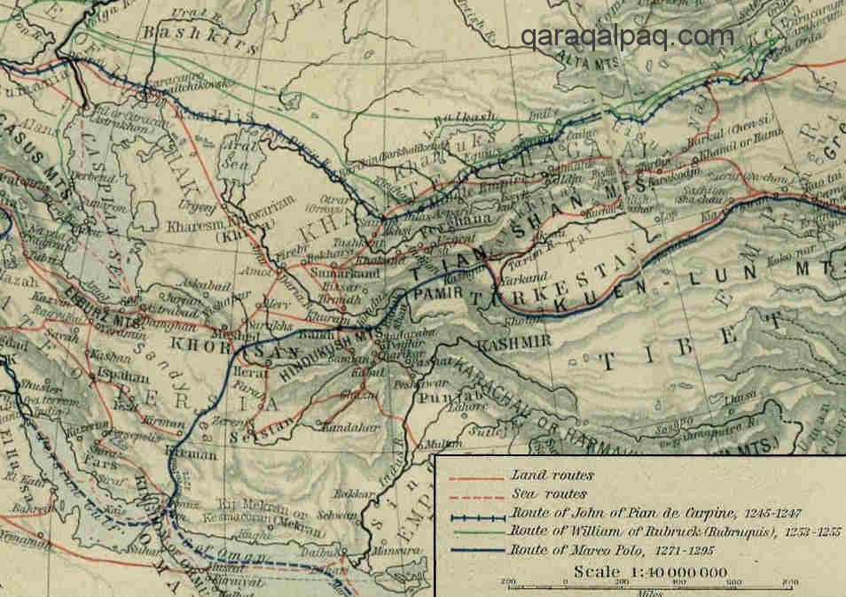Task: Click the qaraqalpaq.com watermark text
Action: [627, 36]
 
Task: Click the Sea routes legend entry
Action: [541, 494]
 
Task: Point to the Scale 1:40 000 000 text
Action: [637, 571]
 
